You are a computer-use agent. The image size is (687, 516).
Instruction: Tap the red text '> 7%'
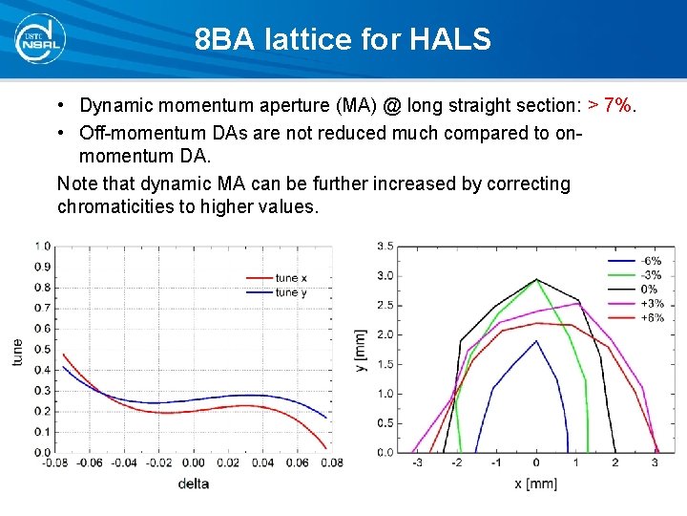[610, 105]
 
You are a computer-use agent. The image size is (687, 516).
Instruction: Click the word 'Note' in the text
[77, 183]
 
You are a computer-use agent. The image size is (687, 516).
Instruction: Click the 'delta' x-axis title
[193, 484]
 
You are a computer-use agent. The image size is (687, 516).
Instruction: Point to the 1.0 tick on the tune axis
[43, 246]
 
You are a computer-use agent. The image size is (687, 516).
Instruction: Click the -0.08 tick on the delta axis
[55, 463]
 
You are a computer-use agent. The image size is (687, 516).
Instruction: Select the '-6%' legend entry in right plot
[653, 260]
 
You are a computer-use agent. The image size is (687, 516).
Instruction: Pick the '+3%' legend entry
[653, 303]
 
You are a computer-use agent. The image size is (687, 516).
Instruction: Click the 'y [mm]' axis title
[362, 351]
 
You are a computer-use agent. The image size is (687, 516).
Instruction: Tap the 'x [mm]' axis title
[535, 484]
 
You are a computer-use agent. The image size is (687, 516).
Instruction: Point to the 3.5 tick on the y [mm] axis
[385, 246]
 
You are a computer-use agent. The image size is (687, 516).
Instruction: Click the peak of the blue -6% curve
[535, 340]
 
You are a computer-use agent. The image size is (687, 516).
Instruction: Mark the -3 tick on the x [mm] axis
[416, 463]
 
